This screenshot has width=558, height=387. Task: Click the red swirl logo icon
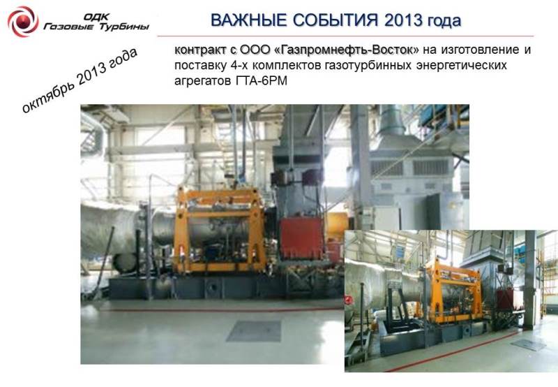coord(23,22)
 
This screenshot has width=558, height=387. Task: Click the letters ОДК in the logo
coord(96,17)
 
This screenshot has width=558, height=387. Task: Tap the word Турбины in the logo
coord(123,27)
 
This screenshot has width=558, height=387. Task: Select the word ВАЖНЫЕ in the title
coord(249,20)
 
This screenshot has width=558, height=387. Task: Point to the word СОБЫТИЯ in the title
coord(335,20)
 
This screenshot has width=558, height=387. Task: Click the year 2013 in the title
coord(403,20)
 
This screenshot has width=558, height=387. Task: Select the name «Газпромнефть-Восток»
coord(347,50)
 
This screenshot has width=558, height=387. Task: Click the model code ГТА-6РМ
coord(261,81)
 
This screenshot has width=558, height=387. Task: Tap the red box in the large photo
coord(301,238)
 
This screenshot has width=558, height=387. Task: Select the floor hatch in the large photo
coord(254,330)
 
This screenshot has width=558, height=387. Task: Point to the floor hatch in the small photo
coord(528,344)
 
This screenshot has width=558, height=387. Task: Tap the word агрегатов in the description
coord(202,82)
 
